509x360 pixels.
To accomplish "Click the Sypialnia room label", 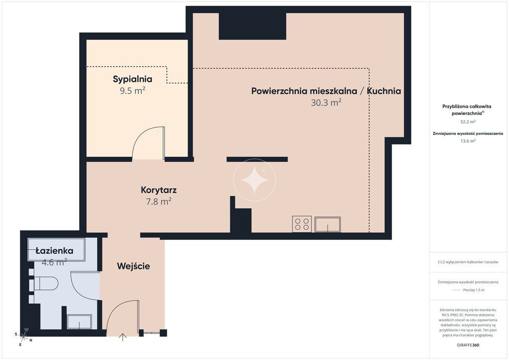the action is point(132,79).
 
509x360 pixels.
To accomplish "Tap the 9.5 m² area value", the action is point(132,90).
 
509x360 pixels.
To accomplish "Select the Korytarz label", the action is point(159,190).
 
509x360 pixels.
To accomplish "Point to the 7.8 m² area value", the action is point(159,201).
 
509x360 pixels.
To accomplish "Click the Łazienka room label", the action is point(54,251).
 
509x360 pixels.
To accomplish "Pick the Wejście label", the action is point(133,266).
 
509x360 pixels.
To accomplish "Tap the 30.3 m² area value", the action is point(326,102).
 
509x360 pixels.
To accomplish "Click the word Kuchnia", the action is point(384,91).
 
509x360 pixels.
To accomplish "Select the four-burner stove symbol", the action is point(302,224).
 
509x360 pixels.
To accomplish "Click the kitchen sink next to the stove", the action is point(328,224).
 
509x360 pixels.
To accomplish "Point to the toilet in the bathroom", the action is point(45,283).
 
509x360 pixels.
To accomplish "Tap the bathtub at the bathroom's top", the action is point(57,250).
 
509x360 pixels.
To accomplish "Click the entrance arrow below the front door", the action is point(123,337).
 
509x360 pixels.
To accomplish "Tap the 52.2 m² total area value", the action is point(468,122).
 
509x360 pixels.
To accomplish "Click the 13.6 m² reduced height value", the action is point(468,141).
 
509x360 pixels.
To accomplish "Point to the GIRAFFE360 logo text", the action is point(468,345).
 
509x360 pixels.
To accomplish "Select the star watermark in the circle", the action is point(254,180).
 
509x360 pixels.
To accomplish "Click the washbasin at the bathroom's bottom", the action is point(79,321).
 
